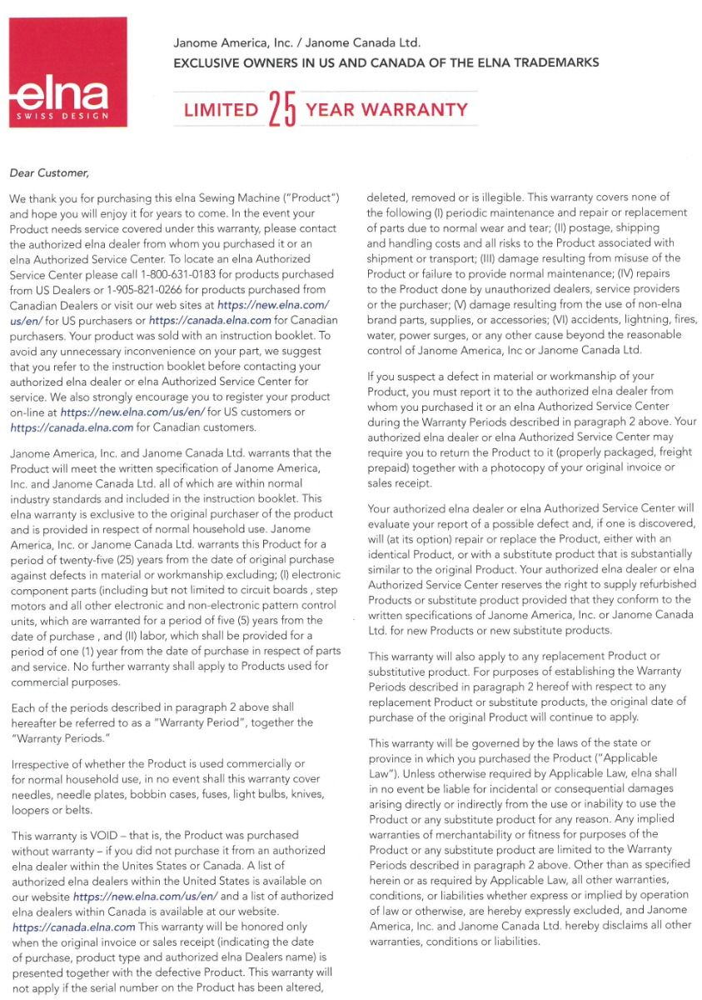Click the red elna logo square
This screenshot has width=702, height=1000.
68,74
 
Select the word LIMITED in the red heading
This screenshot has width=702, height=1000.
221,110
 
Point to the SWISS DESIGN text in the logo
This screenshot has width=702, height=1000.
64,115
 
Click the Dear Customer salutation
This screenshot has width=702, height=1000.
48,173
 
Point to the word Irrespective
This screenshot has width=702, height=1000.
42,763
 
